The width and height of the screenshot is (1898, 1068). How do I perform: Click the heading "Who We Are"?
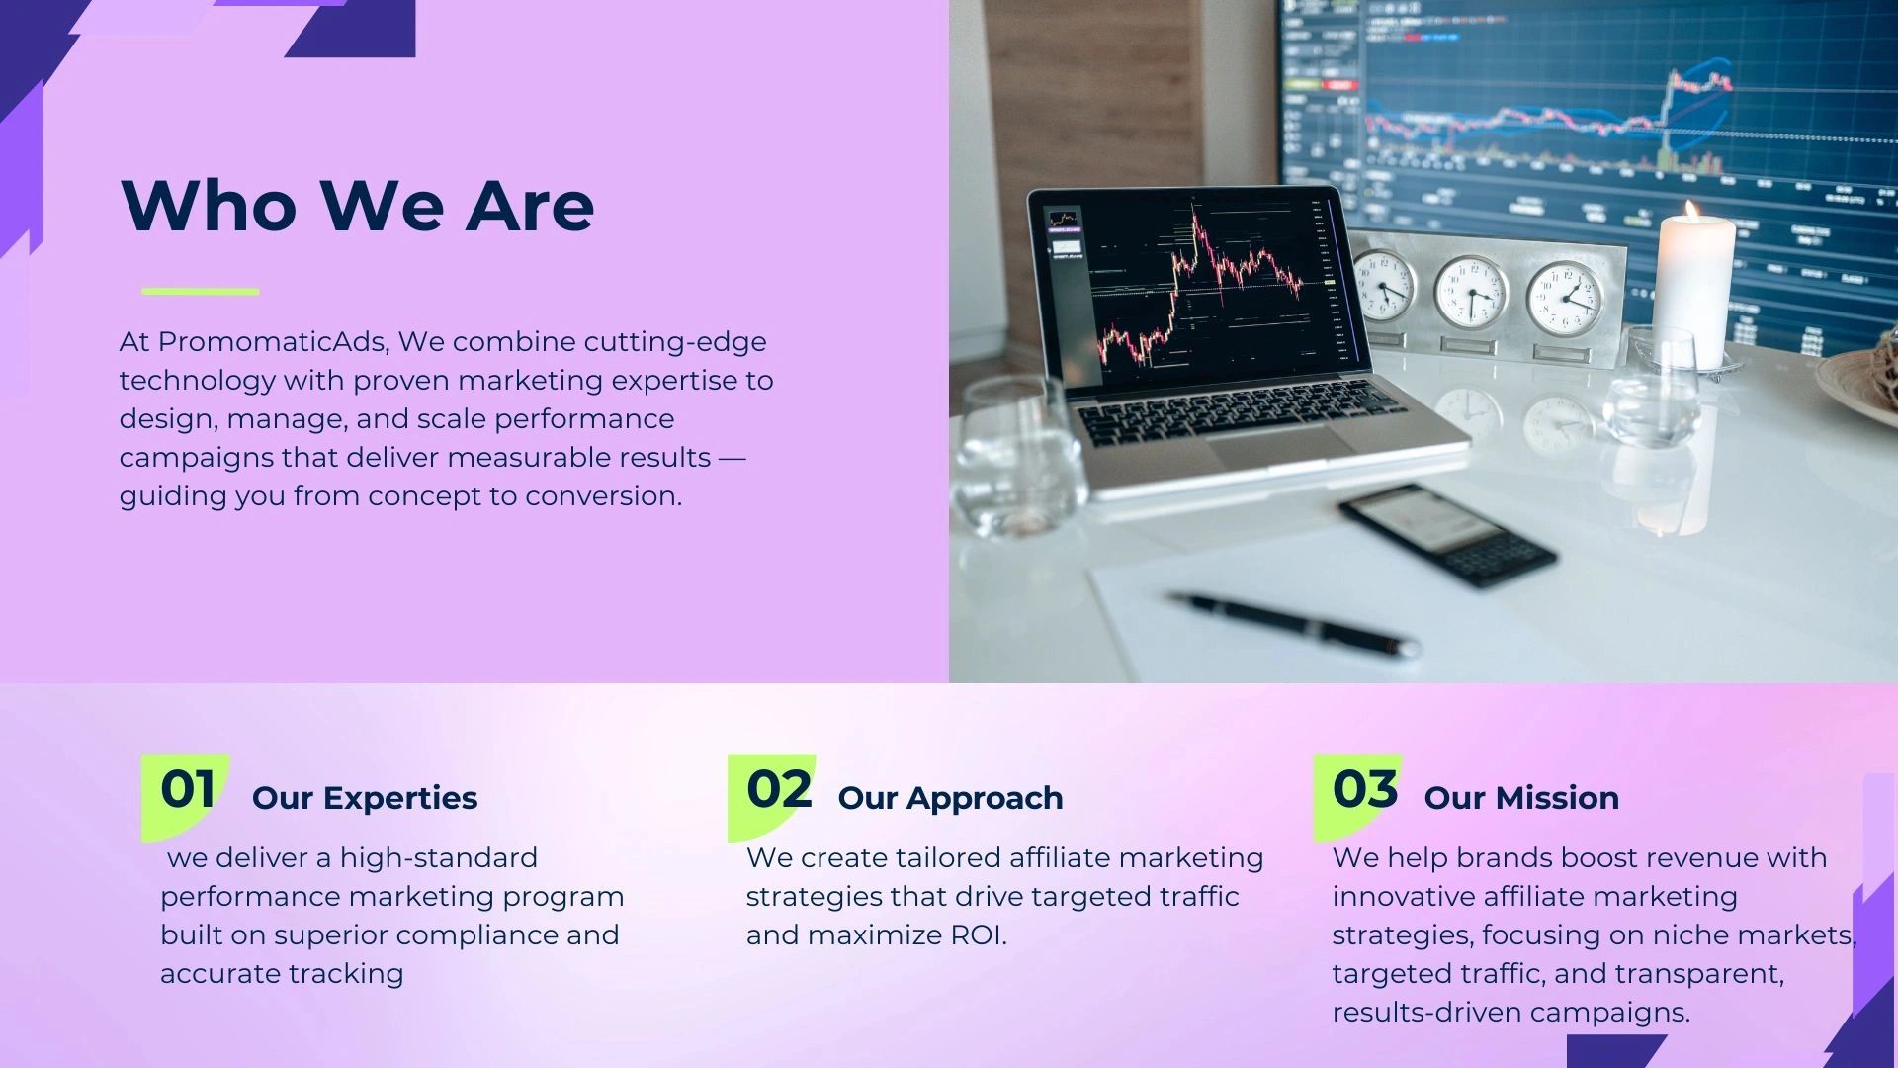357,205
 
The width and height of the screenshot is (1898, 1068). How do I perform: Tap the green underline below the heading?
201,292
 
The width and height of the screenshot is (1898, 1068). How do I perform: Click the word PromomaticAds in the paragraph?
271,342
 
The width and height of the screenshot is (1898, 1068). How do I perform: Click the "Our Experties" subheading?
365,798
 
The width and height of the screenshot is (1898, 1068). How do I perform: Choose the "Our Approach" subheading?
950,798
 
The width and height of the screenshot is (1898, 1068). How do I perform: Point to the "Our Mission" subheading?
1521,798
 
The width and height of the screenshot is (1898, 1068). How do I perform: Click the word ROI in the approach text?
977,935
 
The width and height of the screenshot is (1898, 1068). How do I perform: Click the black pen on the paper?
1294,622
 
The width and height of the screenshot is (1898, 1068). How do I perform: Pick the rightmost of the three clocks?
1565,298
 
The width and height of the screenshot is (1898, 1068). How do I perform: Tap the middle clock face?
1470,292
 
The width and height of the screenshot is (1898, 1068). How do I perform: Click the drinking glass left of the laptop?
1017,455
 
